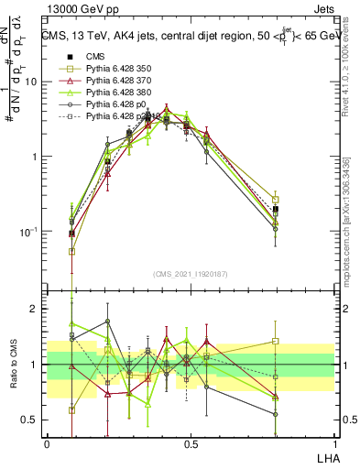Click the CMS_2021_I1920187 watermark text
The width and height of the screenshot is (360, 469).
pyautogui.click(x=191, y=274)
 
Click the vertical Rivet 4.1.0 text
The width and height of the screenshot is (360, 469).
pyautogui.click(x=346, y=73)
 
